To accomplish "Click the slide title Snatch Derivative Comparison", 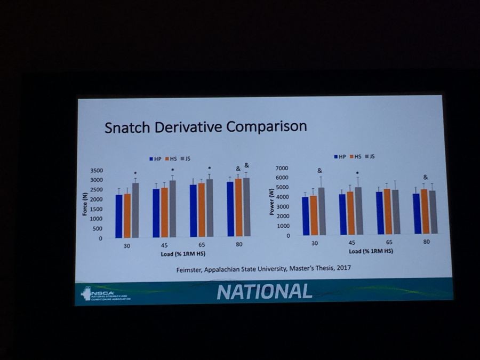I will click(205, 129).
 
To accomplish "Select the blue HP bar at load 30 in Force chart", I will click(119, 216).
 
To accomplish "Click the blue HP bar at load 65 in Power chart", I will click(379, 213).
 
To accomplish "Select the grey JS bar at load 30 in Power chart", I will click(322, 211).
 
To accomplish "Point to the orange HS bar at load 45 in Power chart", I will click(350, 213).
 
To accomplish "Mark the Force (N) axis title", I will click(84, 203).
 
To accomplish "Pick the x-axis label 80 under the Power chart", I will click(427, 242).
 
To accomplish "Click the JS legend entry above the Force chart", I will click(187, 159).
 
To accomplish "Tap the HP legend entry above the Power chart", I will click(339, 157).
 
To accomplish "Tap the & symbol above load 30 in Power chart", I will click(320, 171).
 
